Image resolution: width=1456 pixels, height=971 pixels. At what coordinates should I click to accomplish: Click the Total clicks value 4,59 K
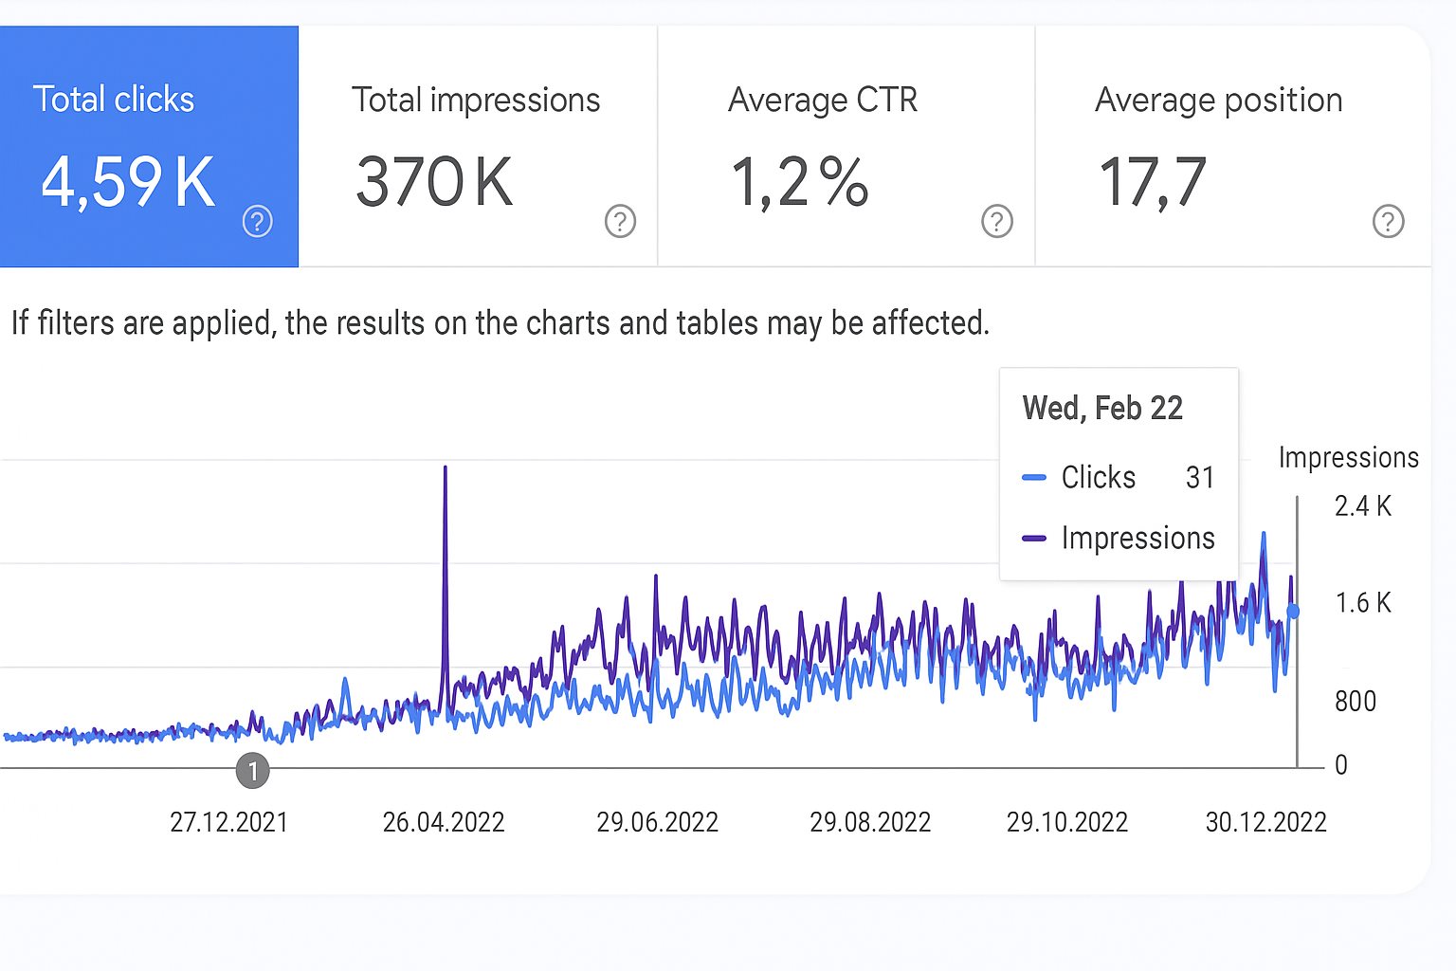(129, 181)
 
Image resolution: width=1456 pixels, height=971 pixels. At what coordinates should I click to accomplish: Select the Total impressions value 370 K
(434, 181)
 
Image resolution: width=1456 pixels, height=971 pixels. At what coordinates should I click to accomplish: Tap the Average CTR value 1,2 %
(799, 181)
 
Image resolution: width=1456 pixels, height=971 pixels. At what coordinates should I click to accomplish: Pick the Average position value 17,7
(1153, 181)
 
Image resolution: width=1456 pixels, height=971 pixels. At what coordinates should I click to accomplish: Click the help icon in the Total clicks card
(258, 221)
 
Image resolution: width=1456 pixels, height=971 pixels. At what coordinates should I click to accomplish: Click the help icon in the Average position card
(1388, 221)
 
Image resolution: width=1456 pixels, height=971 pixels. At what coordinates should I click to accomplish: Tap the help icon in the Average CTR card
(996, 221)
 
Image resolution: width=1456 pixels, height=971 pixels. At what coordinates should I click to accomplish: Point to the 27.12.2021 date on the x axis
(228, 822)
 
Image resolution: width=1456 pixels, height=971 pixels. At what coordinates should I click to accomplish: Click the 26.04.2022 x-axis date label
(444, 822)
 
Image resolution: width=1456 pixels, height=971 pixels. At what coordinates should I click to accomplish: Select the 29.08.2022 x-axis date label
(870, 822)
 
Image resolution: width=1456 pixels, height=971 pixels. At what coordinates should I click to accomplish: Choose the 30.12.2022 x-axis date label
(1265, 822)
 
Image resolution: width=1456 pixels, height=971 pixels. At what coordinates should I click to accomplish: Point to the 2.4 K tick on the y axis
(1362, 506)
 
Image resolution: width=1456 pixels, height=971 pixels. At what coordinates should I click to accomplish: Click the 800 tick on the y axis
(1356, 702)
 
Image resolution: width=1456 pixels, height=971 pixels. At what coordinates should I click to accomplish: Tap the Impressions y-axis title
(1348, 458)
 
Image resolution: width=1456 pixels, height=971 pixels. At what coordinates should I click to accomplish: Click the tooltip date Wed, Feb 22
(1102, 409)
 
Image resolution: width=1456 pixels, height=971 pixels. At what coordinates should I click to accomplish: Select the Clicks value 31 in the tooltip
(1199, 477)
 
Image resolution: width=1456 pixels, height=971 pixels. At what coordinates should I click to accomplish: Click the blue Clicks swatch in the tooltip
(1034, 478)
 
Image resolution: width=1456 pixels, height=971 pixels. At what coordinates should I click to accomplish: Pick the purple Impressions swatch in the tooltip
(1034, 539)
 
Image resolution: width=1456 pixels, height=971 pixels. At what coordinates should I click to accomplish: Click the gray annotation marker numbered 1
(252, 771)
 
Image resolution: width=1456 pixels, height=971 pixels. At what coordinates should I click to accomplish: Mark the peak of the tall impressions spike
(445, 467)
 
